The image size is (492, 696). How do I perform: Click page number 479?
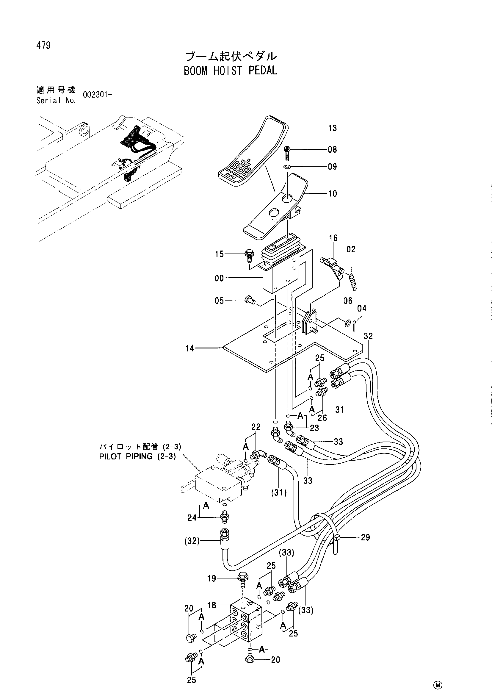pyautogui.click(x=43, y=46)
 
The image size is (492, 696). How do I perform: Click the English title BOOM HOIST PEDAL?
pyautogui.click(x=230, y=71)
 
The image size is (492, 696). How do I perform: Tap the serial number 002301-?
pyautogui.click(x=97, y=95)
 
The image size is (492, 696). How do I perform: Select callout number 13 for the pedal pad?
pyautogui.click(x=332, y=128)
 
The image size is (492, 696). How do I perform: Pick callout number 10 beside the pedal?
pyautogui.click(x=333, y=193)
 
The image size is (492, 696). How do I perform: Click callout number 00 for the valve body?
pyautogui.click(x=219, y=278)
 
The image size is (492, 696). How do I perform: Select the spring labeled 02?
pyautogui.click(x=353, y=281)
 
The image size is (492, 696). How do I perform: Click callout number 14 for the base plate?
pyautogui.click(x=190, y=348)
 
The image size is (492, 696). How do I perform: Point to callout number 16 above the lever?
pyautogui.click(x=333, y=238)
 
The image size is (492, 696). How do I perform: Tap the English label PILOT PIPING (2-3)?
pyautogui.click(x=137, y=456)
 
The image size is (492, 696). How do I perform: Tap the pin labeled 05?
pyautogui.click(x=250, y=301)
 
